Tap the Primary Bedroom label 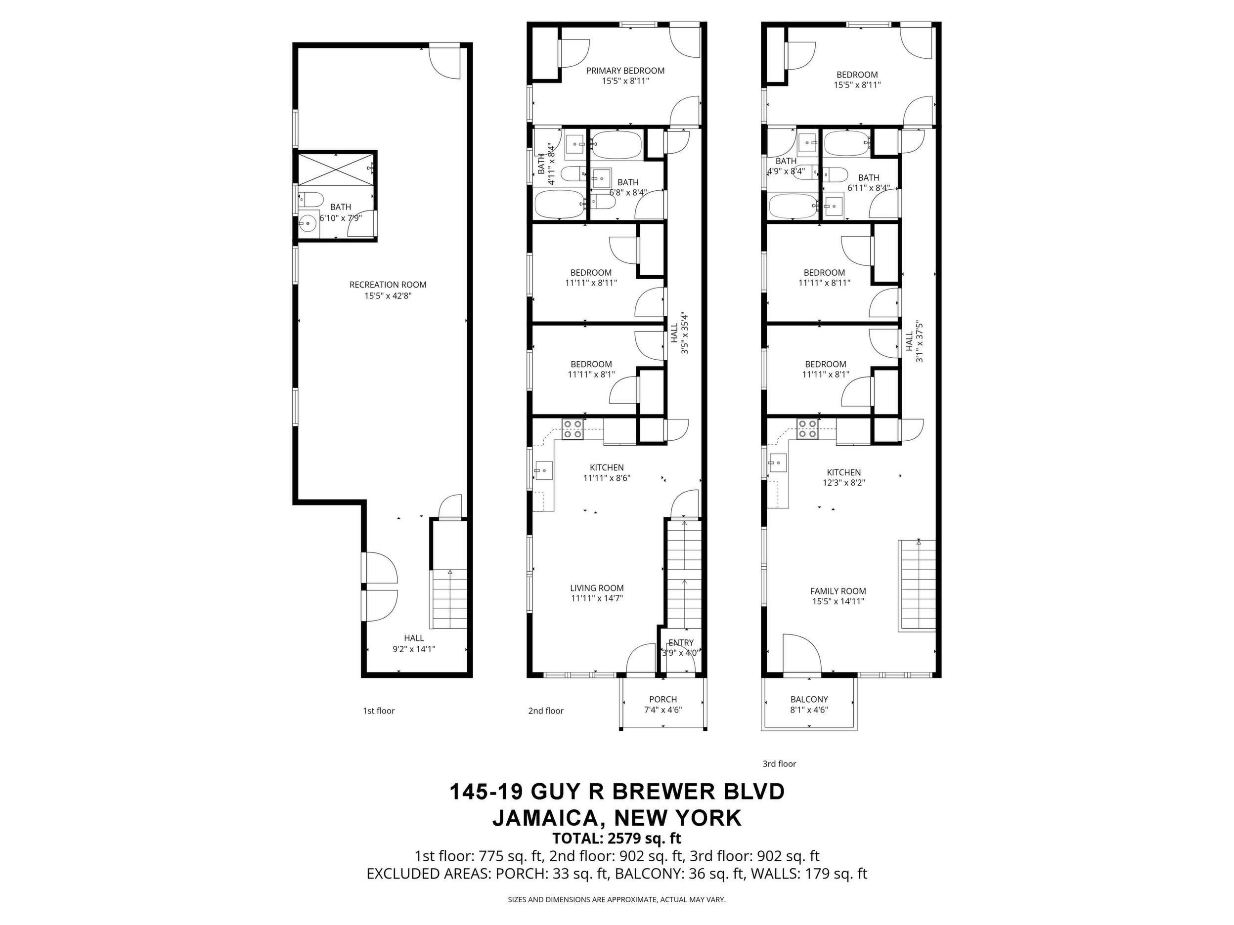coord(625,71)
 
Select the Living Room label coord(596,588)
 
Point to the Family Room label coord(838,591)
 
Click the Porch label coord(663,699)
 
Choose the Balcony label coord(809,699)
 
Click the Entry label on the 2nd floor coord(681,643)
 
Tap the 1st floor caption coord(379,711)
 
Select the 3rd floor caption coord(779,764)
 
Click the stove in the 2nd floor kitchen coord(573,429)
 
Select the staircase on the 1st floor coord(448,599)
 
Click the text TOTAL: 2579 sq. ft coord(617,838)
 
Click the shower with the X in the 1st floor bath coord(335,169)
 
